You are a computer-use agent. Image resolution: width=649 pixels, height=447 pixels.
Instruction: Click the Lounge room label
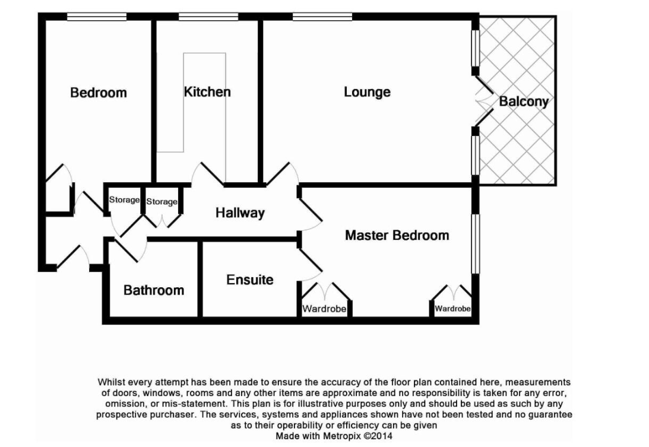[x=367, y=92]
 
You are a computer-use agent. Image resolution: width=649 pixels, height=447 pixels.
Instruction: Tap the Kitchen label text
[x=207, y=92]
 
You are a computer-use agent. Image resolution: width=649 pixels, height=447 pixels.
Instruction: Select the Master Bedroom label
[x=397, y=236]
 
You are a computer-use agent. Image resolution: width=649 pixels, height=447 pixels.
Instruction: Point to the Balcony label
[x=524, y=102]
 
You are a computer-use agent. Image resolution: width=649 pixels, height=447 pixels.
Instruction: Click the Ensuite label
[x=249, y=280]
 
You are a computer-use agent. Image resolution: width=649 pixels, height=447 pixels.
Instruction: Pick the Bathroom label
[x=154, y=290]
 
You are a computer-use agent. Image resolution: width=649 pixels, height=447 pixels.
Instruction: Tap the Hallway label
[x=240, y=213]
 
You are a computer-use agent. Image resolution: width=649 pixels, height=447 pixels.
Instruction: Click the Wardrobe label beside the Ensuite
[x=324, y=309]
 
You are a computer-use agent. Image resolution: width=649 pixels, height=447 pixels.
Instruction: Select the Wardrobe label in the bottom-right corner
[x=452, y=309]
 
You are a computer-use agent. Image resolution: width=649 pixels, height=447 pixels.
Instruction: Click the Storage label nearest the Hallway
[x=162, y=202]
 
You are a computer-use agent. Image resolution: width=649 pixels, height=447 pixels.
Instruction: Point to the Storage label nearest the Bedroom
[x=124, y=200]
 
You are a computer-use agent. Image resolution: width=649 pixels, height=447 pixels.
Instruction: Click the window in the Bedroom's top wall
[x=97, y=17]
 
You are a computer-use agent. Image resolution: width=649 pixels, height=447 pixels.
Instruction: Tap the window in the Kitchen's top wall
[x=208, y=17]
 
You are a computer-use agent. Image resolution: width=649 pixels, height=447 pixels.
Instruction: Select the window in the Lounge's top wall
[x=322, y=17]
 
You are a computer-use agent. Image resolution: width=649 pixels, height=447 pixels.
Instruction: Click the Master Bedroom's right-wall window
[x=476, y=244]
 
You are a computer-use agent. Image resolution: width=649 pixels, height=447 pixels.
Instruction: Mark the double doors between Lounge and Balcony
[x=483, y=101]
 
